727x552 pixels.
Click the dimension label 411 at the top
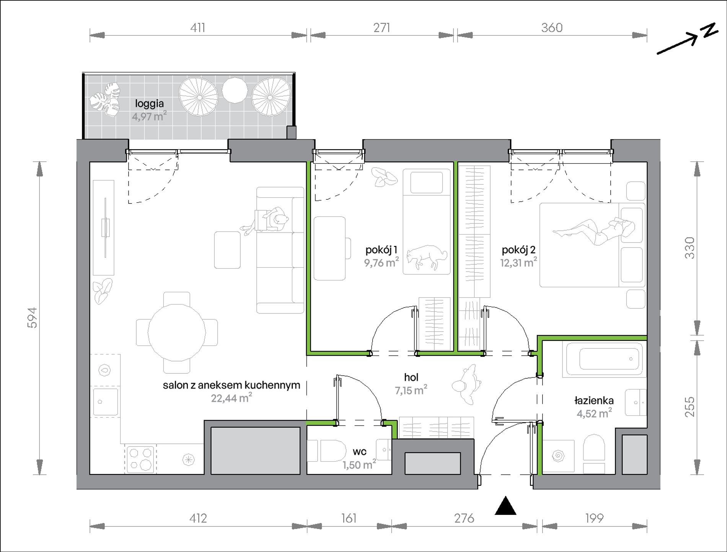(x=198, y=28)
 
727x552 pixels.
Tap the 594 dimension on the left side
(x=33, y=318)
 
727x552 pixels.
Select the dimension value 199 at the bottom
(x=594, y=518)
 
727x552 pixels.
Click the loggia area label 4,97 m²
(x=149, y=116)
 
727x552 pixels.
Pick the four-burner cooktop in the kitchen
(x=140, y=459)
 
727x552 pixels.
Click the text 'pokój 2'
(x=518, y=250)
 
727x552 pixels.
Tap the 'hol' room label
(x=411, y=378)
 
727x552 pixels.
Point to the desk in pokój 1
(x=329, y=248)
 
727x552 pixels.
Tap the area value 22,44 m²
(x=231, y=398)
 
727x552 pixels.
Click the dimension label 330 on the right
(x=690, y=248)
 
